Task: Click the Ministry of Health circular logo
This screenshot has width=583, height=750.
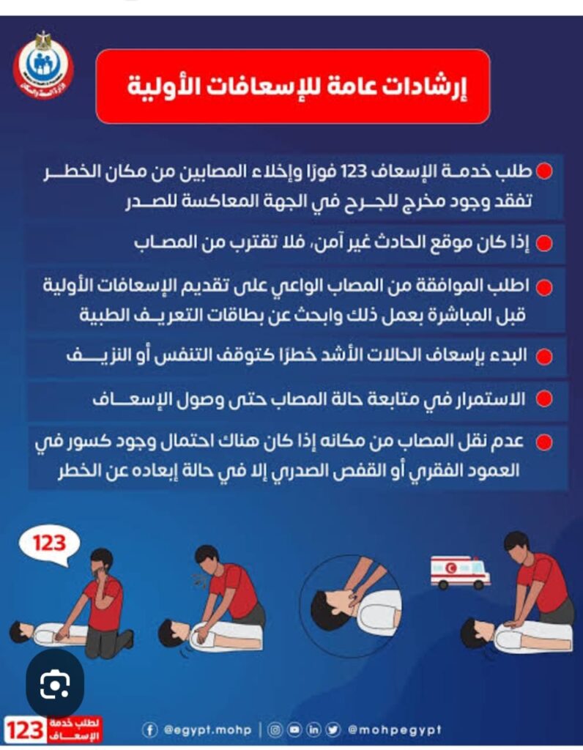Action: click(43, 65)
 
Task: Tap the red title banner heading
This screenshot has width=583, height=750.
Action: click(293, 86)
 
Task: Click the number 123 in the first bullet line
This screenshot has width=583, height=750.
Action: click(353, 171)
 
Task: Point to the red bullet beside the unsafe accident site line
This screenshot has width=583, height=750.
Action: click(543, 243)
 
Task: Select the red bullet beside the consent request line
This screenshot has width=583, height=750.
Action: click(543, 287)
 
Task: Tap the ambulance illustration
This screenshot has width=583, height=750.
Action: click(460, 571)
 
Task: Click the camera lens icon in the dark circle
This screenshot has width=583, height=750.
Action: click(55, 684)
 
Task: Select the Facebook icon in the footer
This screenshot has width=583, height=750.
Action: click(149, 730)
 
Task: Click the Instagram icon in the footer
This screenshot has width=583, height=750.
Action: click(275, 730)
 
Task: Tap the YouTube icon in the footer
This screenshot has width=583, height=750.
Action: click(294, 730)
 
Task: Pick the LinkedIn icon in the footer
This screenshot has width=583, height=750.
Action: click(313, 730)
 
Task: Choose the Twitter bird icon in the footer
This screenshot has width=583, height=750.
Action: click(333, 730)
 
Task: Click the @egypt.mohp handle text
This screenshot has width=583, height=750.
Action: click(207, 730)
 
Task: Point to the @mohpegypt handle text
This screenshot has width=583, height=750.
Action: click(395, 730)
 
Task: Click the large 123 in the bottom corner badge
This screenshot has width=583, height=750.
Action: click(26, 731)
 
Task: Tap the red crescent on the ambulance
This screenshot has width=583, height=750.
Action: click(450, 568)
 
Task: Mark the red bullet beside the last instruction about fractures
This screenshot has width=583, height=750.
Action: click(543, 442)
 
